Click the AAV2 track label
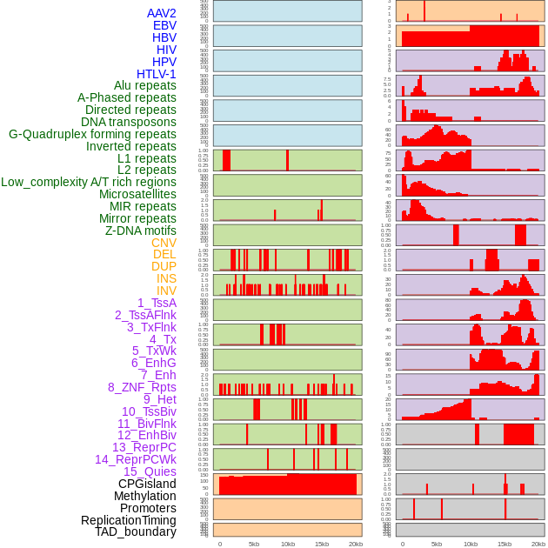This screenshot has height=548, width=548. (161, 13)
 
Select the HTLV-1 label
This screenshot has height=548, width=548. (156, 74)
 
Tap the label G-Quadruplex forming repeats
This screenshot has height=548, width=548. (92, 134)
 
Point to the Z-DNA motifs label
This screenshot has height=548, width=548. (140, 231)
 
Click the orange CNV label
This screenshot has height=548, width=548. (164, 243)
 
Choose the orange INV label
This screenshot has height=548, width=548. (166, 291)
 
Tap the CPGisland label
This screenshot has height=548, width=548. (147, 484)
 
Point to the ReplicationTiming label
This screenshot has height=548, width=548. (128, 520)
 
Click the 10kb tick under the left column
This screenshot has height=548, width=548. (288, 544)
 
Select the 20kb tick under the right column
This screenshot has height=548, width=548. (538, 544)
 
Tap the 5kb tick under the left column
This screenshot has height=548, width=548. (254, 544)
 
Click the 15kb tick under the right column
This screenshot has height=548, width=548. (505, 544)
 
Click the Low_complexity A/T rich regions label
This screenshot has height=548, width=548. (88, 182)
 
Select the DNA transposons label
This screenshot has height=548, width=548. (128, 122)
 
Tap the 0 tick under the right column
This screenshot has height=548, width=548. (402, 544)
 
